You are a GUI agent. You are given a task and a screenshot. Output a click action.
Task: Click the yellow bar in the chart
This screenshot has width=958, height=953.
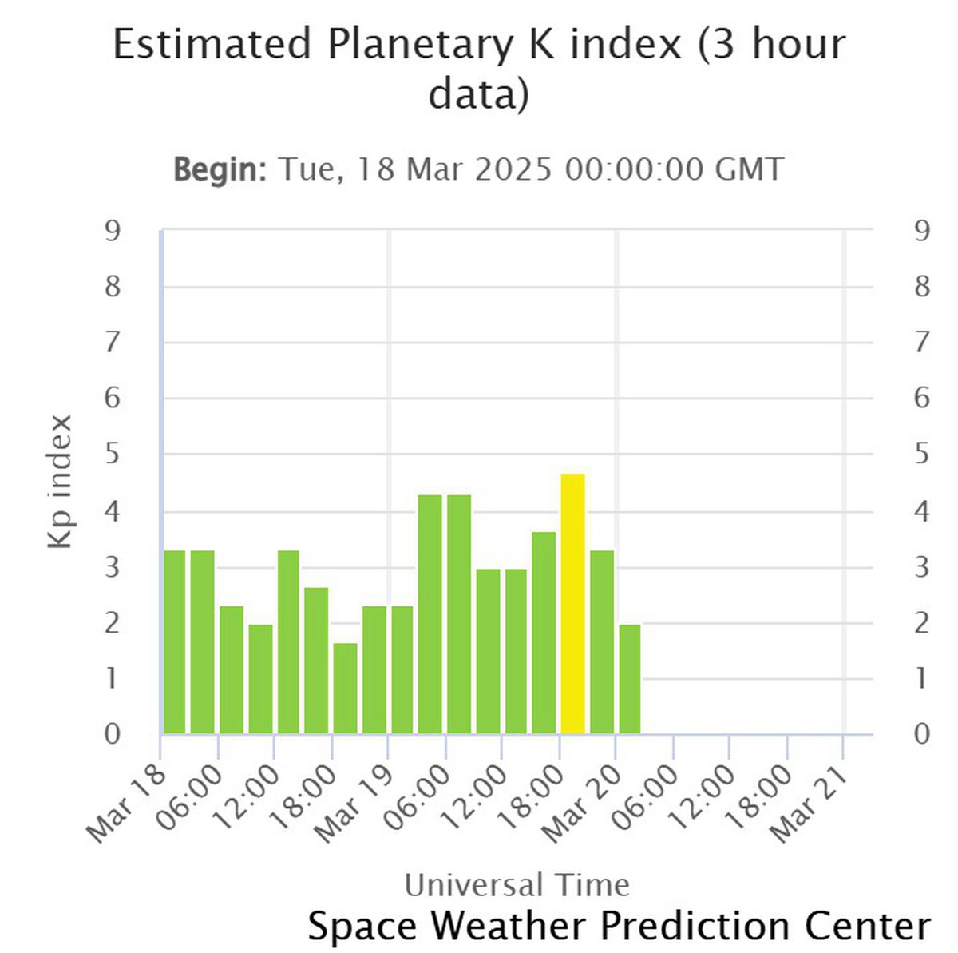pos(572,604)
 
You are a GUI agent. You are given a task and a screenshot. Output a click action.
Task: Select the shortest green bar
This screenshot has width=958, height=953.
pos(345,688)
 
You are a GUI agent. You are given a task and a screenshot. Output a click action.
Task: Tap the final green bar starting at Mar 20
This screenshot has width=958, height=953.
pos(629,679)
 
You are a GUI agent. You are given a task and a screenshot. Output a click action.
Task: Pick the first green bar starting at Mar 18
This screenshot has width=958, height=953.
pos(174,642)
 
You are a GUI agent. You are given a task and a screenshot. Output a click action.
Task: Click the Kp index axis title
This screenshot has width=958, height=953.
pos(61,482)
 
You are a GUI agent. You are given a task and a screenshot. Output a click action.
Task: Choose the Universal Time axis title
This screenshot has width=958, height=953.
pos(517,885)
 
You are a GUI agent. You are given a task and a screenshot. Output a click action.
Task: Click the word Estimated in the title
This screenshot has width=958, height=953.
pos(212,44)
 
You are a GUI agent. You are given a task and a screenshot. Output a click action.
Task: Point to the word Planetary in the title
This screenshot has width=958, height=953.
pos(419,44)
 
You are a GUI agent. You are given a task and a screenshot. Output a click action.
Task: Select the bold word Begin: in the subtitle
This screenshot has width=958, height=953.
pos(220,169)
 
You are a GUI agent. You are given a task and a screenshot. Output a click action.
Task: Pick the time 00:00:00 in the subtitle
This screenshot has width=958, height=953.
pos(634,169)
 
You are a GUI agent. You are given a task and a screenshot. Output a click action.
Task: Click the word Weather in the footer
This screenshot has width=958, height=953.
pos(510,926)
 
